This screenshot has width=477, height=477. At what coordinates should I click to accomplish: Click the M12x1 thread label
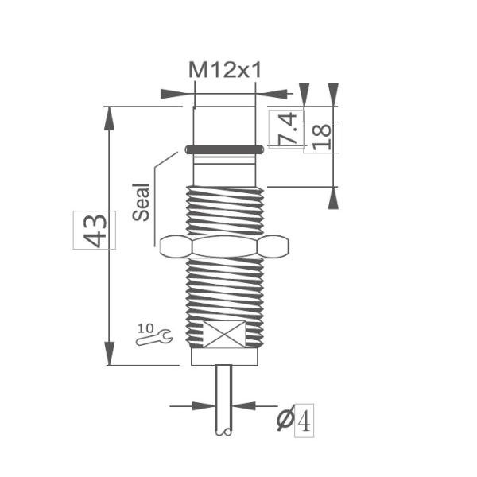[225, 70]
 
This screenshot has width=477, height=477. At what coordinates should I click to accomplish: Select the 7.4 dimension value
[287, 128]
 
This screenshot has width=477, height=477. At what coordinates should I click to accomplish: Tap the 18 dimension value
[321, 137]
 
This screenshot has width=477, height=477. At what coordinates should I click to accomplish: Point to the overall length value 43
[95, 230]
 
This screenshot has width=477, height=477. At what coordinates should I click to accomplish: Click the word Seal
[141, 204]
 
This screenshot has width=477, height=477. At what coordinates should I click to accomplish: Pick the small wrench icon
[154, 339]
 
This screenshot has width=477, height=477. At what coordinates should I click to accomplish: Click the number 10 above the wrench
[145, 327]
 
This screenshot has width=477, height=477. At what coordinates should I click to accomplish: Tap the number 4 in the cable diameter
[304, 419]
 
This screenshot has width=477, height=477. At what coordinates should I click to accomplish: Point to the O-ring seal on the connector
[224, 149]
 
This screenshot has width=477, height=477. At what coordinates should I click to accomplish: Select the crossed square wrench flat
[225, 335]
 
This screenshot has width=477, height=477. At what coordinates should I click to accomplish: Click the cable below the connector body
[224, 397]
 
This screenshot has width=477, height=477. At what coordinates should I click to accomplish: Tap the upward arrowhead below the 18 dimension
[332, 198]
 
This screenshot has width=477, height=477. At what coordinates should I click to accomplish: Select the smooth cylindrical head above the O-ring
[224, 123]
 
